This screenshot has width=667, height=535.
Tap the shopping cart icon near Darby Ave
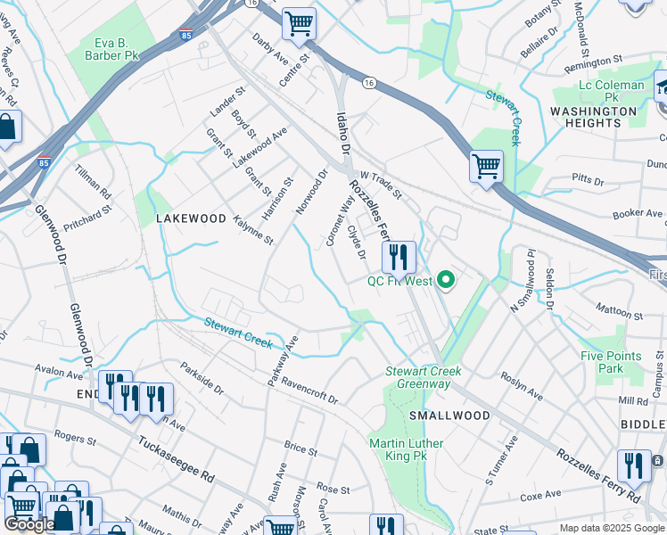(299, 23)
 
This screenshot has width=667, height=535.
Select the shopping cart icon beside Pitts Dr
(486, 166)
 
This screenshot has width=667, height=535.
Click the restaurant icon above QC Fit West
(399, 258)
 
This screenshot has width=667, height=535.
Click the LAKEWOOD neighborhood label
(191, 218)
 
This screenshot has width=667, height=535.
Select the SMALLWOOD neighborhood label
(449, 416)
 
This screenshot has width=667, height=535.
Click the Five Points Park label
(611, 362)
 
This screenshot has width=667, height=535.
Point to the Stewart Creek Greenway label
(418, 377)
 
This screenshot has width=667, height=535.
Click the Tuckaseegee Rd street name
(177, 458)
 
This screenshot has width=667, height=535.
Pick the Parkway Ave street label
(283, 360)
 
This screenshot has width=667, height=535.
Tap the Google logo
(29, 524)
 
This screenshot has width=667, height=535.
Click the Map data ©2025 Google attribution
(611, 528)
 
